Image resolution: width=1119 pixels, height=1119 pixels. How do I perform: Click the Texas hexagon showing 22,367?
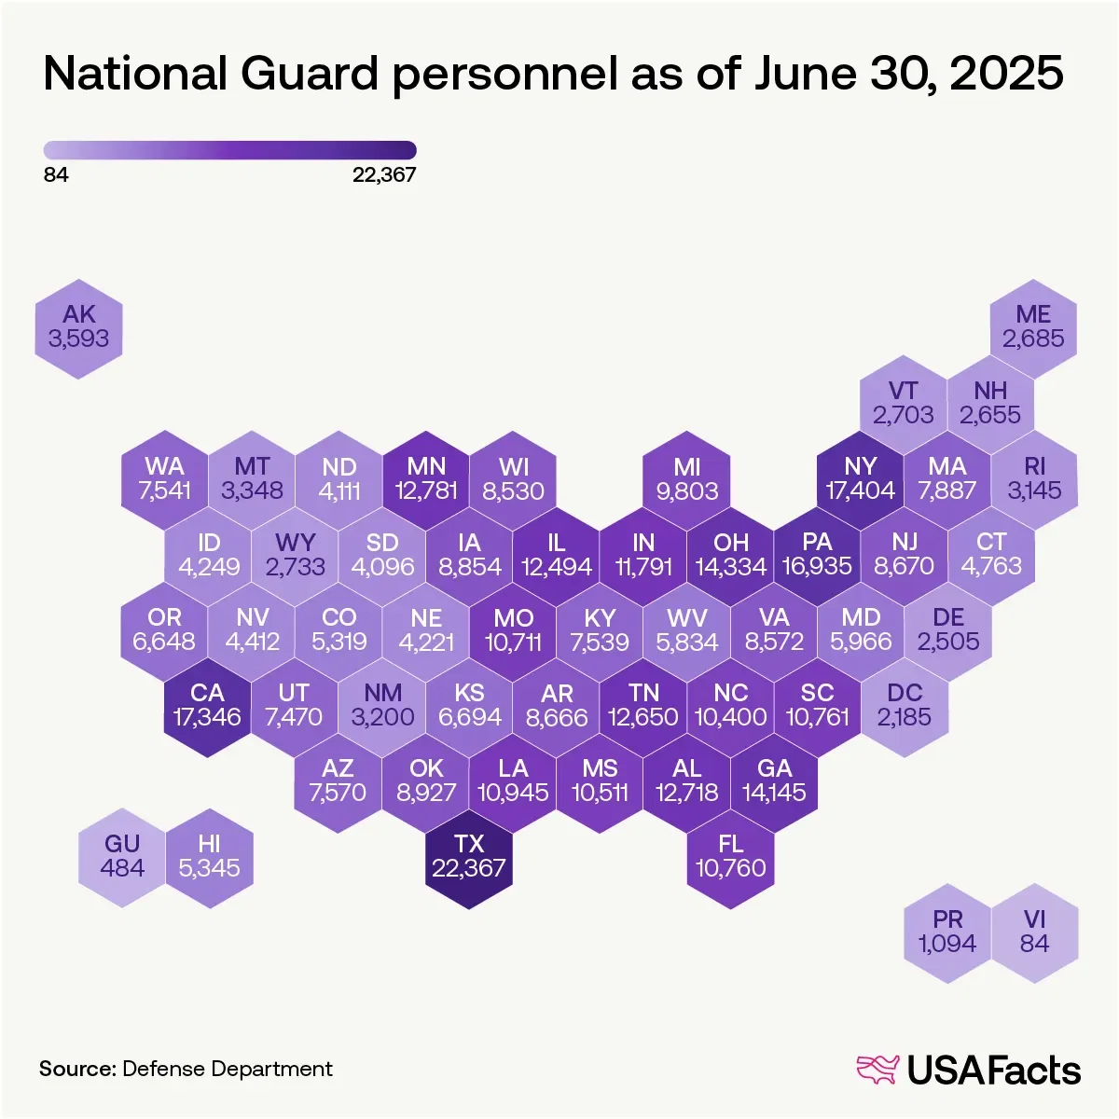click(x=469, y=857)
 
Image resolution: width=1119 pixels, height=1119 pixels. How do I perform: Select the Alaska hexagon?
click(x=79, y=327)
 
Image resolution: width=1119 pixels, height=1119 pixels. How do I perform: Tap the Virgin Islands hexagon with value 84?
click(x=1034, y=932)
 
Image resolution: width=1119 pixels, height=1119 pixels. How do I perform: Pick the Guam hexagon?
click(x=122, y=857)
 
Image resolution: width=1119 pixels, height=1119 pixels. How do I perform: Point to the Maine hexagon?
click(x=1033, y=327)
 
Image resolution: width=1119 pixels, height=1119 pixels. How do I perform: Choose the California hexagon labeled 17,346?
click(x=207, y=706)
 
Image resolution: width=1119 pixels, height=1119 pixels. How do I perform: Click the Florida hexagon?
click(x=731, y=857)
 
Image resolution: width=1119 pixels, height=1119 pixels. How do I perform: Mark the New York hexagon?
click(x=860, y=479)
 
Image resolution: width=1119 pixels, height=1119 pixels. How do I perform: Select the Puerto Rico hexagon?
click(x=947, y=932)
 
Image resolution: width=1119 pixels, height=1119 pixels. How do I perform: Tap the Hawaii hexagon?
click(x=209, y=857)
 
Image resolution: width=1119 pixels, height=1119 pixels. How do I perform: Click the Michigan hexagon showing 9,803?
click(x=687, y=479)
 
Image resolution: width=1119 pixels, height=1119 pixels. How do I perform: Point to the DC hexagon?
click(x=905, y=706)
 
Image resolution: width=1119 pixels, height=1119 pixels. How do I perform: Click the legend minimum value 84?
click(x=56, y=175)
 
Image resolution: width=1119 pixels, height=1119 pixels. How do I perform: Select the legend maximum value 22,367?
click(x=384, y=175)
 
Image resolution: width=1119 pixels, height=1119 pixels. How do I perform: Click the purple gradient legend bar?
click(x=229, y=150)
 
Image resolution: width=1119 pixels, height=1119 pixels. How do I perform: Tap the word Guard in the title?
click(x=311, y=74)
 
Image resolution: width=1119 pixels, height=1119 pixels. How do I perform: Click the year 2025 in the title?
click(x=1006, y=74)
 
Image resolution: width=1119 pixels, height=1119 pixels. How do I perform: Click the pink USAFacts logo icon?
click(x=877, y=1070)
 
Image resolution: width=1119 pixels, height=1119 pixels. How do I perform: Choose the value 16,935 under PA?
click(x=817, y=567)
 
